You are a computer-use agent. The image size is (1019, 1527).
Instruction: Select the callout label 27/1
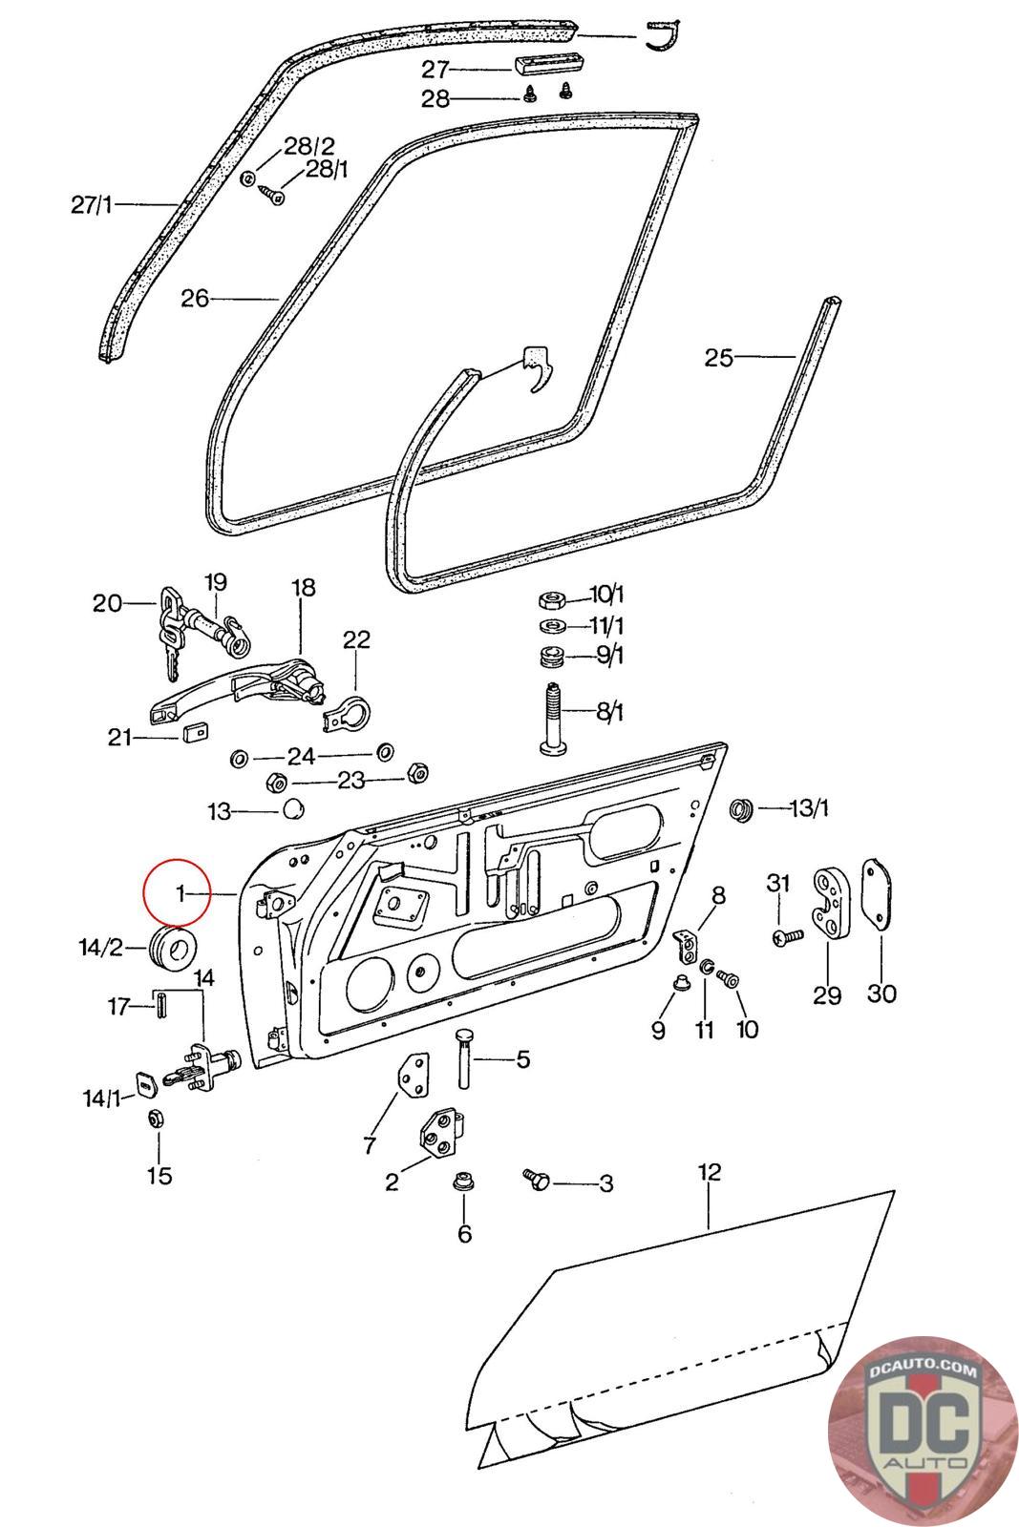tap(92, 204)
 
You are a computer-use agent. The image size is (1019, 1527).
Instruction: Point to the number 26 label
tap(195, 299)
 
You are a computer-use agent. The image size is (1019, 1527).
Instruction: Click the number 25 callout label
tap(718, 358)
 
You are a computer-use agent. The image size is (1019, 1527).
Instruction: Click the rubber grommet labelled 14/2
tap(174, 947)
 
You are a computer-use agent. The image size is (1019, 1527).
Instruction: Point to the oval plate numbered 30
tap(877, 894)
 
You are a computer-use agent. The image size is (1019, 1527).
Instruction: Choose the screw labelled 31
tap(785, 938)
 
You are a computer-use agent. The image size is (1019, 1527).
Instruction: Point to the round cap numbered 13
tap(292, 810)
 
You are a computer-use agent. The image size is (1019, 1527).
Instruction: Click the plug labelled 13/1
tap(740, 809)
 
